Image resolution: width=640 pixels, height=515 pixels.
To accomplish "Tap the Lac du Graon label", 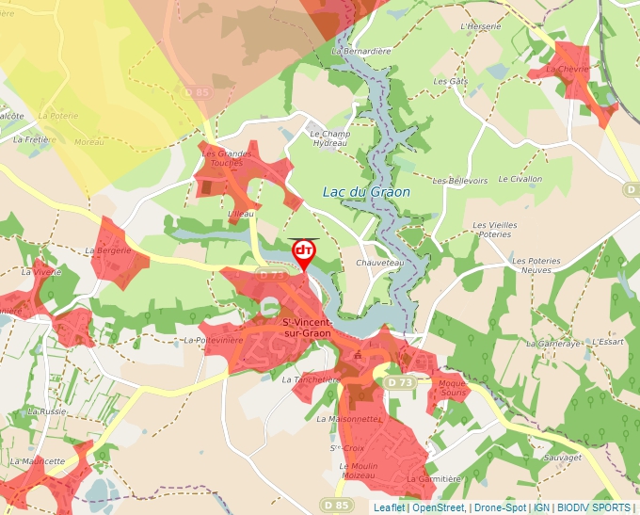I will [x=366, y=191].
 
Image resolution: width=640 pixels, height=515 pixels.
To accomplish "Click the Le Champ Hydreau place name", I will [x=329, y=138].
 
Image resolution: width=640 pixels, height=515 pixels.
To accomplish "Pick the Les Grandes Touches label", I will [x=228, y=157].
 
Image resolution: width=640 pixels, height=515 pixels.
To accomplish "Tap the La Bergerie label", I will [x=107, y=251].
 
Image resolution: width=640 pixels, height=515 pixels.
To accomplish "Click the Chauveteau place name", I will [x=380, y=263].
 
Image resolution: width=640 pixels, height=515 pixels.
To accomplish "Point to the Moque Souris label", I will [x=453, y=387].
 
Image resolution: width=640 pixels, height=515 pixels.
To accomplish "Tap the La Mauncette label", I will [x=38, y=461].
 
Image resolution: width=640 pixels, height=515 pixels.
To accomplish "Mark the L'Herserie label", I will [x=481, y=26].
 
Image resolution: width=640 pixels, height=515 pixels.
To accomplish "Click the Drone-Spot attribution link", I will [x=499, y=507].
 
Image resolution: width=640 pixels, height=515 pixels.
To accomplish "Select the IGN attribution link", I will [x=541, y=507].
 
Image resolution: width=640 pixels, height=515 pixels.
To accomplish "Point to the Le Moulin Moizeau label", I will [x=358, y=471].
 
